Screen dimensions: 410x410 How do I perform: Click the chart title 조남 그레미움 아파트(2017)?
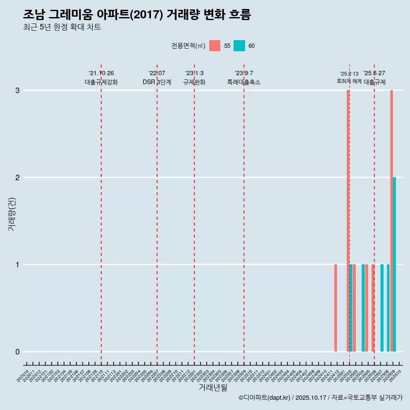[x=137, y=15]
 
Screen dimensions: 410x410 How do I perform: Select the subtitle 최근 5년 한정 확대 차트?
[x=62, y=28]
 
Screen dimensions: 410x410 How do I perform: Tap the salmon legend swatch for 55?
[x=215, y=46]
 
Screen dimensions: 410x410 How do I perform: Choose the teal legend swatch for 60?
[x=239, y=46]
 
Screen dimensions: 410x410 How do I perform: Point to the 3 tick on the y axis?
[x=18, y=91]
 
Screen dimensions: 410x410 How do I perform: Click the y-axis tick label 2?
[x=18, y=178]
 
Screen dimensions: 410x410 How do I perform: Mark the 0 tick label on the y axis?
[x=18, y=352]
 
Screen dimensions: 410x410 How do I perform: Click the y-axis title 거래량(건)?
[x=12, y=214]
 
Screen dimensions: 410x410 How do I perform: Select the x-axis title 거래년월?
[x=213, y=388]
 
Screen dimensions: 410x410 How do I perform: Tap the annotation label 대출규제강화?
[x=101, y=82]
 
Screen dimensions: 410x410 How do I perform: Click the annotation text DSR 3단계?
[x=157, y=82]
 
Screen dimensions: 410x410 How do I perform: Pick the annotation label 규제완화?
[x=194, y=82]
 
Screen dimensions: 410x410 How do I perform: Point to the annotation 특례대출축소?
[x=244, y=82]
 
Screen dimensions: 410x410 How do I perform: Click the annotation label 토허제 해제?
[x=349, y=81]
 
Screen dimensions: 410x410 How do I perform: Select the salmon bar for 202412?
[x=336, y=308]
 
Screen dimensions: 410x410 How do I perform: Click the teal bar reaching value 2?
[x=395, y=264]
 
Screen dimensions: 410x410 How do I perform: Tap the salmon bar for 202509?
[x=391, y=221]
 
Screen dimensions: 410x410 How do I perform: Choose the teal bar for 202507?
[x=382, y=308]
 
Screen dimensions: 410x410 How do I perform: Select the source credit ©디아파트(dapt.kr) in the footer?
[x=265, y=398]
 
